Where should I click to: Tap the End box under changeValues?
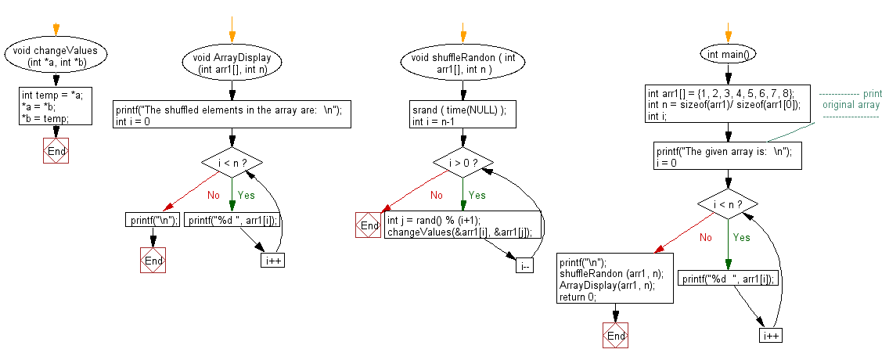[x=56, y=151]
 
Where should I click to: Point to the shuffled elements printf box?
[x=232, y=115]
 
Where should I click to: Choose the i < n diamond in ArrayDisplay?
[x=232, y=163]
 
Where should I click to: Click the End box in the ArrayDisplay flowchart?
[x=153, y=260]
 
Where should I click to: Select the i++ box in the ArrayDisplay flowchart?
[x=272, y=260]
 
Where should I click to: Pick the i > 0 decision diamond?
[x=463, y=163]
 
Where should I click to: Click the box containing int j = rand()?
[x=462, y=225]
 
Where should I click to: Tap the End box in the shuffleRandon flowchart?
[x=369, y=225]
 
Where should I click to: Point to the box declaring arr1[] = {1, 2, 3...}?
[x=727, y=105]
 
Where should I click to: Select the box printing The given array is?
[x=727, y=156]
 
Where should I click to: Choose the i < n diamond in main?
[x=728, y=204]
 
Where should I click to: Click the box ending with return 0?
[x=616, y=279]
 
